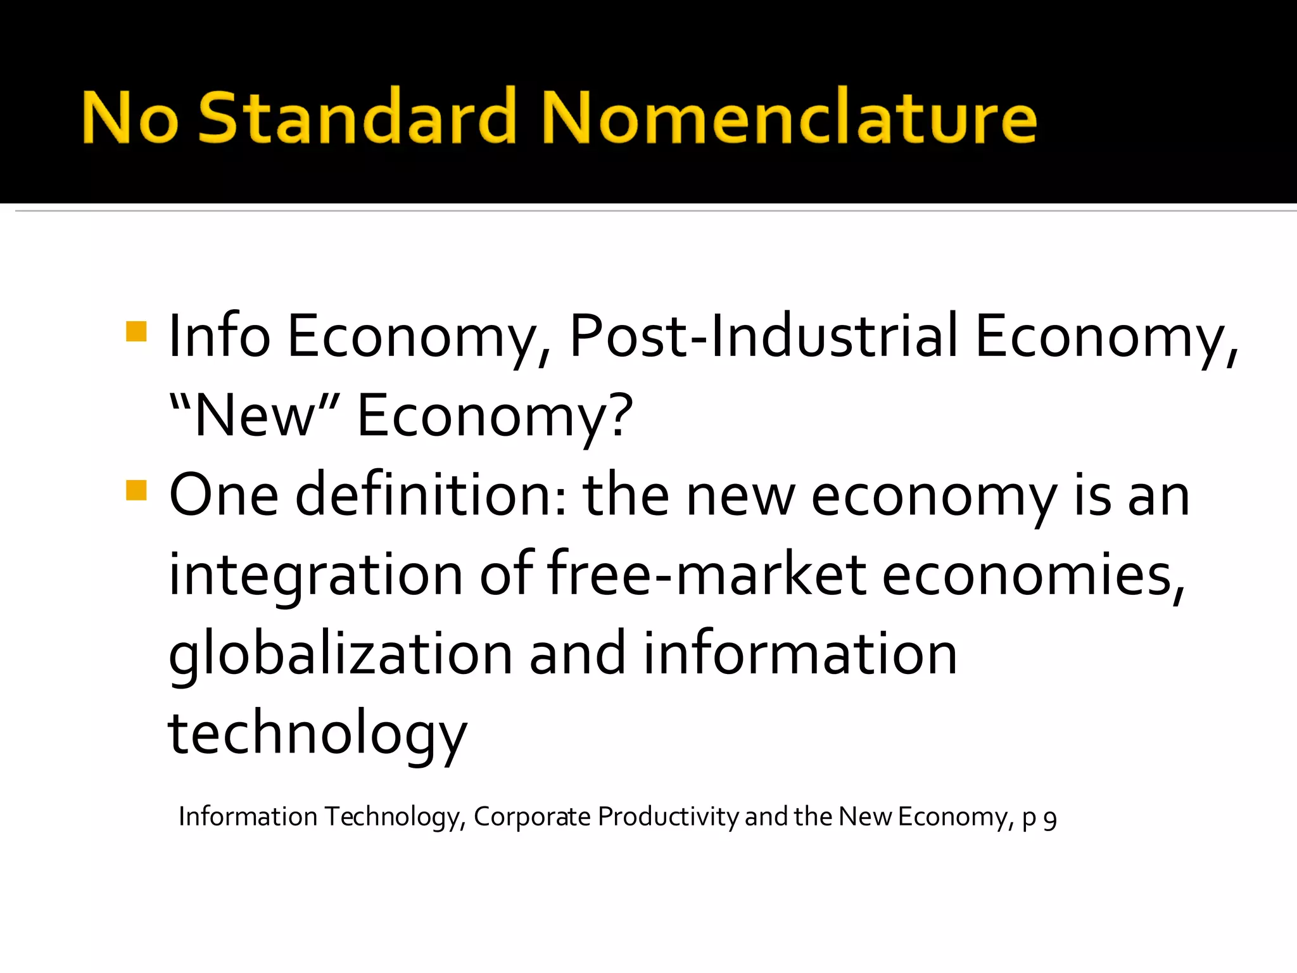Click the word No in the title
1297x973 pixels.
130,117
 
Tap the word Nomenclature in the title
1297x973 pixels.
789,117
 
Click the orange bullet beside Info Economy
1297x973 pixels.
136,331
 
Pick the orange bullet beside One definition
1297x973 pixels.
136,490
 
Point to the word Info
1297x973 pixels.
219,337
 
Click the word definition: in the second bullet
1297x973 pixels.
431,495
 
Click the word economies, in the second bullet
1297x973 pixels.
1033,575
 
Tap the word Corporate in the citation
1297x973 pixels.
531,817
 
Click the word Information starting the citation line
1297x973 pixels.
248,817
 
